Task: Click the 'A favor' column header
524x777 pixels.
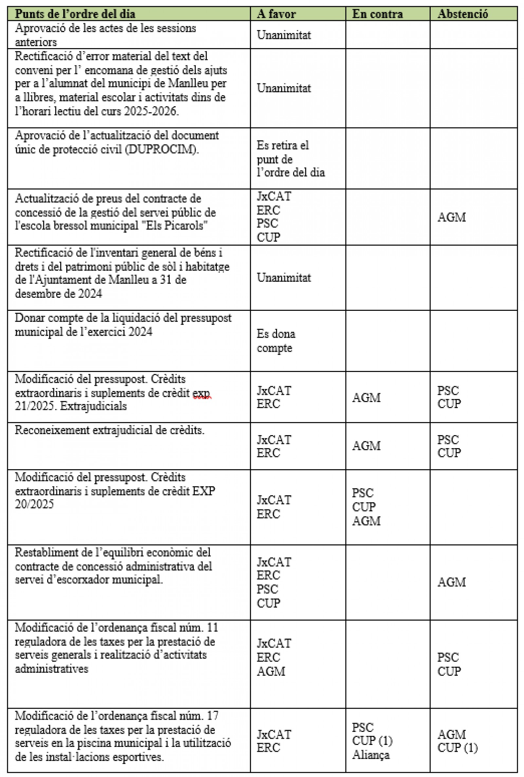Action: tap(276, 14)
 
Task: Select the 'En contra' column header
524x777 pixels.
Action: tap(377, 14)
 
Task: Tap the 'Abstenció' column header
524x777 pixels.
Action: tap(462, 14)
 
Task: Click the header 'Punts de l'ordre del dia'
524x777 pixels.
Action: tap(75, 14)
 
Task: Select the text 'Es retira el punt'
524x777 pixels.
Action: tap(282, 152)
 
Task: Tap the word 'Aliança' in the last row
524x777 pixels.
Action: tap(371, 755)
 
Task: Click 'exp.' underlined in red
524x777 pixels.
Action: tap(201, 393)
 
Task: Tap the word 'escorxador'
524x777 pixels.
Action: tap(79, 580)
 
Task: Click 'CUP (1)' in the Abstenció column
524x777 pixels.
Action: tap(457, 748)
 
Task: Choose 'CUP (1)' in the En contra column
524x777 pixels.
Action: tap(372, 741)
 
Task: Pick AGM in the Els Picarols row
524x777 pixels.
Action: tap(452, 217)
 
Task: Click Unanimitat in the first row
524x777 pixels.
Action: tap(284, 35)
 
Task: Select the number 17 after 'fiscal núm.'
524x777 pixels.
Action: tap(213, 716)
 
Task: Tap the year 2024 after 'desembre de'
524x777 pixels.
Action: tap(90, 294)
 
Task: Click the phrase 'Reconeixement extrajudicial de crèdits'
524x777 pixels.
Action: tap(109, 431)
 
